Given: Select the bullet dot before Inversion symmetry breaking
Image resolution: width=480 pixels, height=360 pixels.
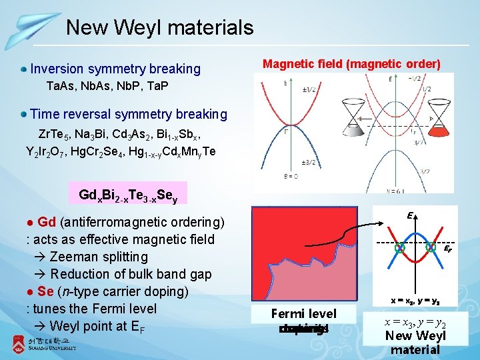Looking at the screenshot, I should point(24,69).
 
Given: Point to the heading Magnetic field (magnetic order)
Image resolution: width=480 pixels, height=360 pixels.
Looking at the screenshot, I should point(351,64).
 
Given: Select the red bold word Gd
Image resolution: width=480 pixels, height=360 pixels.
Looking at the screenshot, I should point(47,222).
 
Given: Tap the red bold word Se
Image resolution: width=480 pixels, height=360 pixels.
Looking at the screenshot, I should point(46,291).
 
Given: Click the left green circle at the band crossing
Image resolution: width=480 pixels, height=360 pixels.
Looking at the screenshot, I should point(399,247).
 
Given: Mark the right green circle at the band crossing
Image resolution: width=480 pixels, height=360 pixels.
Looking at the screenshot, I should point(429,247).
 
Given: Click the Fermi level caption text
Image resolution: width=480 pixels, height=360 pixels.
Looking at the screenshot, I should point(303,313).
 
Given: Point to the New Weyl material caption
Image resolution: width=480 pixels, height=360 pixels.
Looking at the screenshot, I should point(416,343).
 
